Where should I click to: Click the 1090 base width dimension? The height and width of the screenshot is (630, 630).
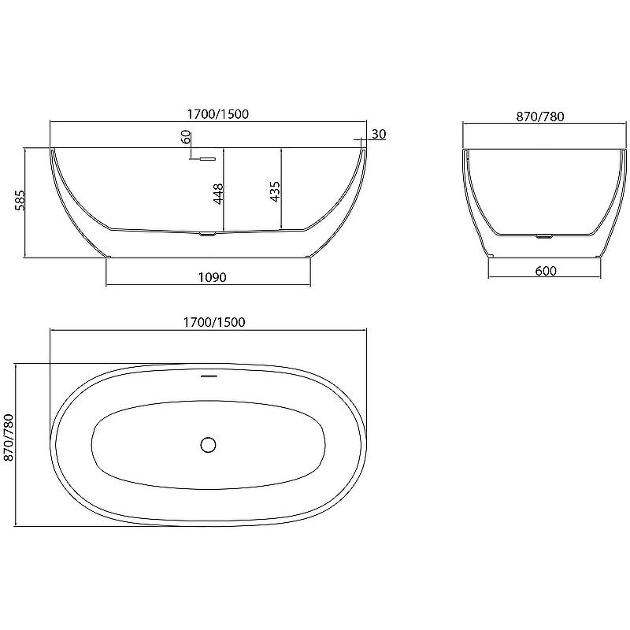213,277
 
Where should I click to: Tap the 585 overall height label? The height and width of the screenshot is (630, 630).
20,200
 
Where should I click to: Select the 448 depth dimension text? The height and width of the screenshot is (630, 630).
218,194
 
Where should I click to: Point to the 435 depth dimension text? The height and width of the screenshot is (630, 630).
275,191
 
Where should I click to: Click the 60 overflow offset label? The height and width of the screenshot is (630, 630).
186,137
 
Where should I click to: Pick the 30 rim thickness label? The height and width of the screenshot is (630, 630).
379,134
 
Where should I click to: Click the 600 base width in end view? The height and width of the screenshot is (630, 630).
546,271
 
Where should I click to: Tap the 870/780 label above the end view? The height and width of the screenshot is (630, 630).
540,117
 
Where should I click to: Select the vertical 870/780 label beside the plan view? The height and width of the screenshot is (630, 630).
9,438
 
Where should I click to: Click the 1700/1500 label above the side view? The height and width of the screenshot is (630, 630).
218,114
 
